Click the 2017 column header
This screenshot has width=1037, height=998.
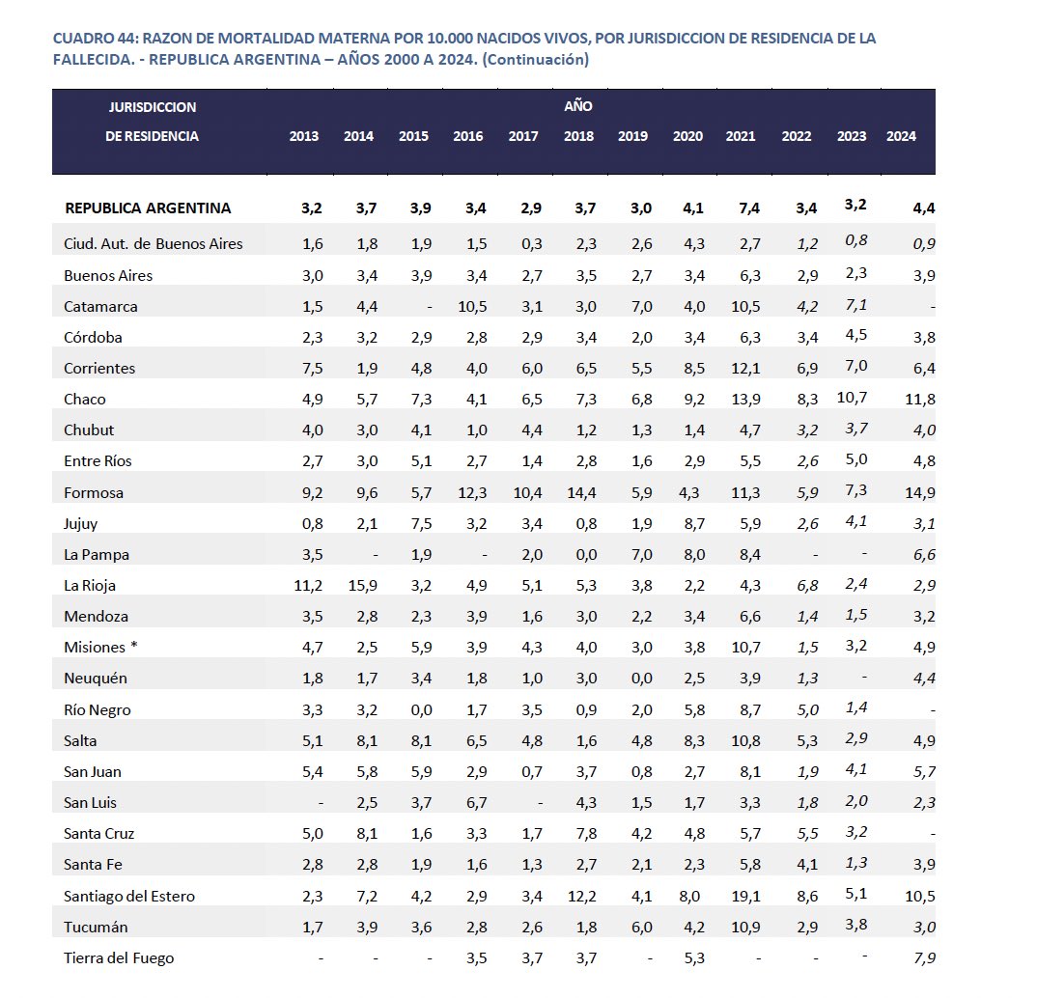coord(523,136)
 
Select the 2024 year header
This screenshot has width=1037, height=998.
coord(901,136)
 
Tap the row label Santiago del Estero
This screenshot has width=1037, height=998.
coord(129,896)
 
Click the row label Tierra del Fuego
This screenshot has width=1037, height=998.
coord(119,957)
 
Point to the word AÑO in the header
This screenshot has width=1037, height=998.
coord(578,106)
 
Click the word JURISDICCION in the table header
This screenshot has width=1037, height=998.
coord(153,107)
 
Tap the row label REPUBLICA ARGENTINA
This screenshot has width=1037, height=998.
coord(148,208)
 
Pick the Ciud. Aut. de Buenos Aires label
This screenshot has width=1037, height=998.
coord(154,244)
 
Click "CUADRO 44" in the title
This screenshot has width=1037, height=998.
coord(95,38)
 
